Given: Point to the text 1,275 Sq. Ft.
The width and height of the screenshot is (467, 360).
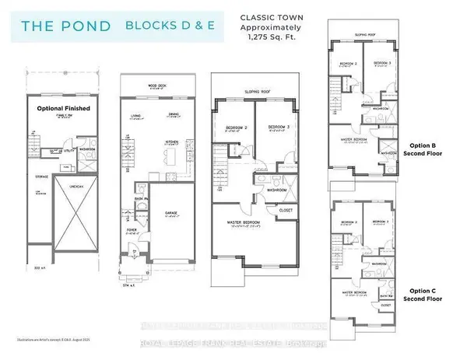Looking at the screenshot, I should pyautogui.click(x=272, y=34).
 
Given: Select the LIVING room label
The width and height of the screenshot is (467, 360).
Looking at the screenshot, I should pyautogui.click(x=135, y=114).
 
